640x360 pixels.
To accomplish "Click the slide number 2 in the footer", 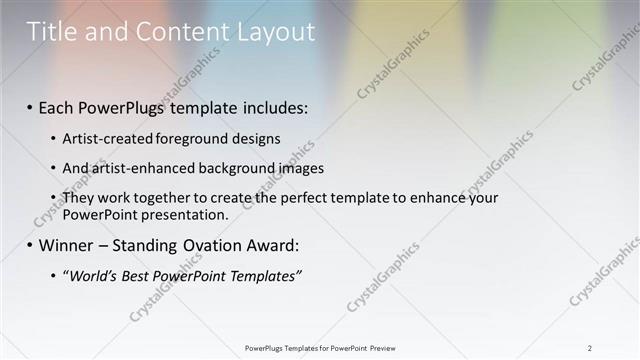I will (590, 348).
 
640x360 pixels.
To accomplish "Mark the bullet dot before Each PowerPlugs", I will (30, 106).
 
